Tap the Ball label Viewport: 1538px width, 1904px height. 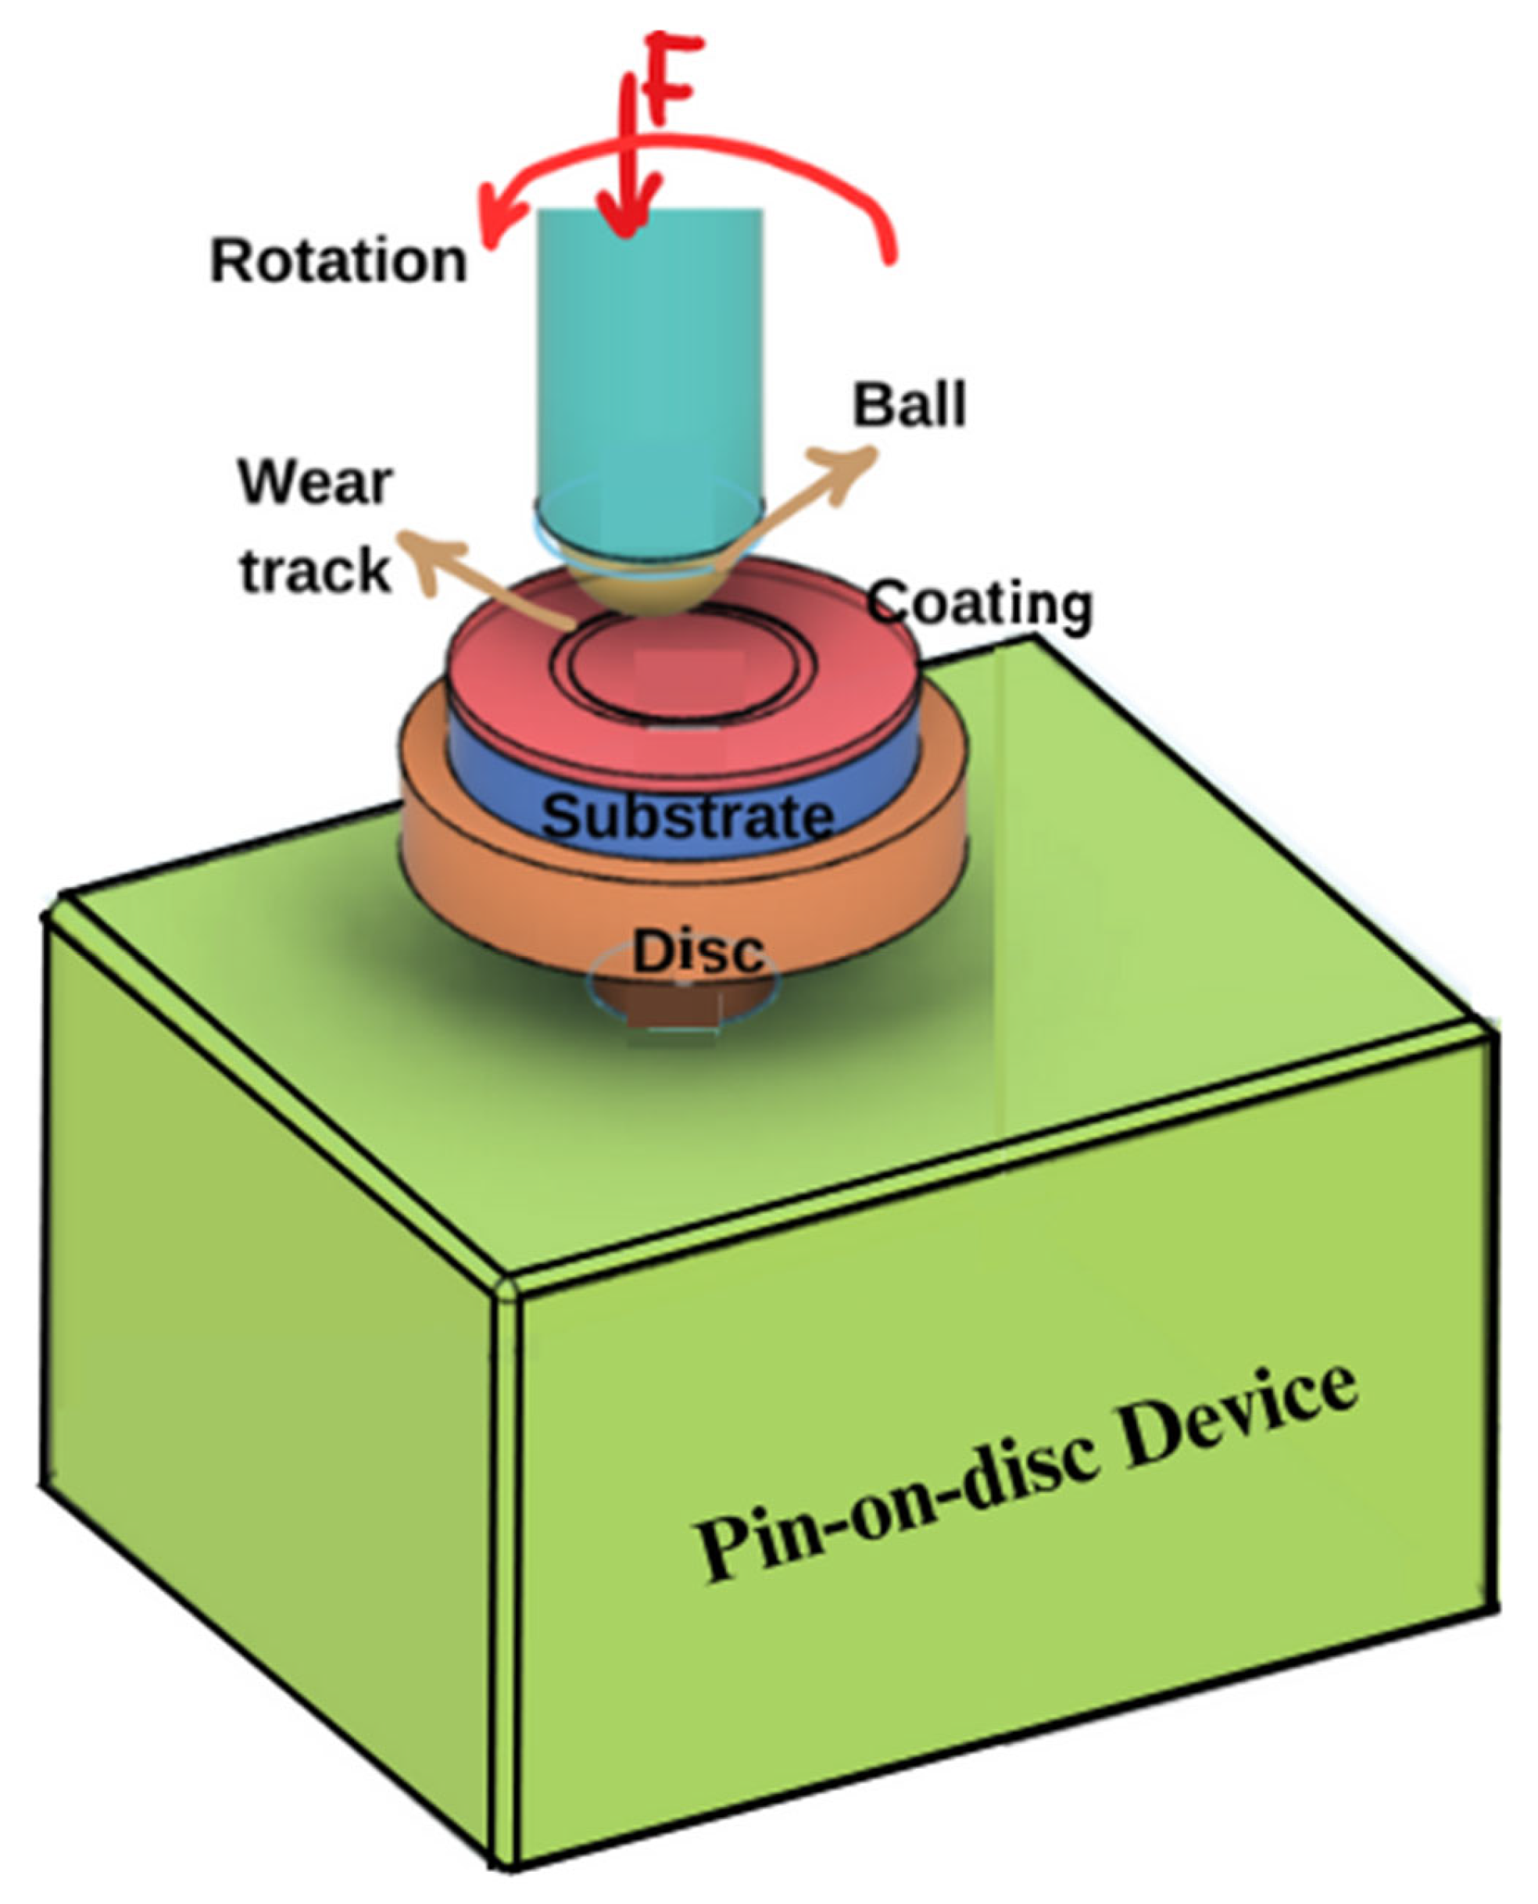click(x=908, y=406)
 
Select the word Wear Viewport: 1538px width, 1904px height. click(x=316, y=483)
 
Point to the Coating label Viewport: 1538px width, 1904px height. click(x=979, y=603)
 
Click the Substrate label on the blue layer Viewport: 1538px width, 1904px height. click(x=688, y=816)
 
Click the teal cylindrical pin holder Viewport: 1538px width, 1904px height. click(x=649, y=354)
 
